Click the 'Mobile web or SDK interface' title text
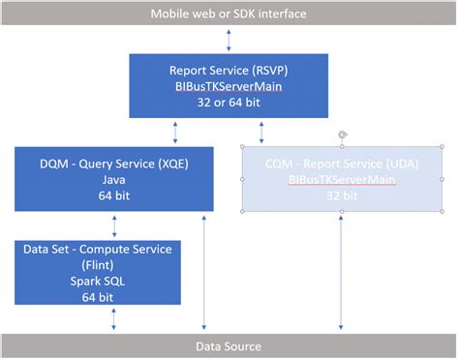point(229,14)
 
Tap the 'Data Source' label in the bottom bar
point(229,345)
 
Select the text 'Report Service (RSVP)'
point(229,71)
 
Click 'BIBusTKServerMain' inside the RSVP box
point(229,86)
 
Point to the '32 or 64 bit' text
point(229,102)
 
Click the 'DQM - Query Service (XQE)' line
point(114,165)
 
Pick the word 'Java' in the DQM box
point(114,180)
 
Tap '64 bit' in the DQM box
point(114,195)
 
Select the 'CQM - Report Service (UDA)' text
point(342,165)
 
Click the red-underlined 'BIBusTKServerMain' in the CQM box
point(342,180)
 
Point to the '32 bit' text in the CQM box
point(342,195)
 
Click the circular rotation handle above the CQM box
point(342,135)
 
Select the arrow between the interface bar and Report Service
point(229,40)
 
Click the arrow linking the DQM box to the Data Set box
point(114,225)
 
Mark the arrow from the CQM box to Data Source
point(342,272)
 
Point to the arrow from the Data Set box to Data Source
point(114,319)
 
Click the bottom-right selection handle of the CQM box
point(444,210)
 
